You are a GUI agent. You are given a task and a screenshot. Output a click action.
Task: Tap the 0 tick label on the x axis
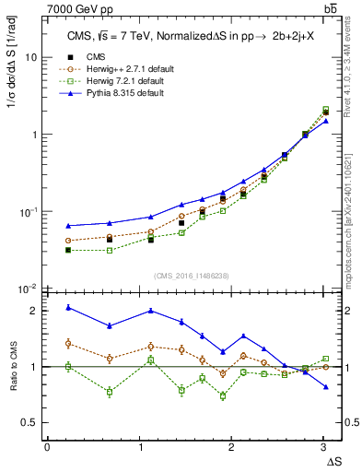pyautogui.click(x=47, y=446)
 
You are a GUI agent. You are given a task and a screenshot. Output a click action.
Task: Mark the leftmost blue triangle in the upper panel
pyautogui.click(x=68, y=225)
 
